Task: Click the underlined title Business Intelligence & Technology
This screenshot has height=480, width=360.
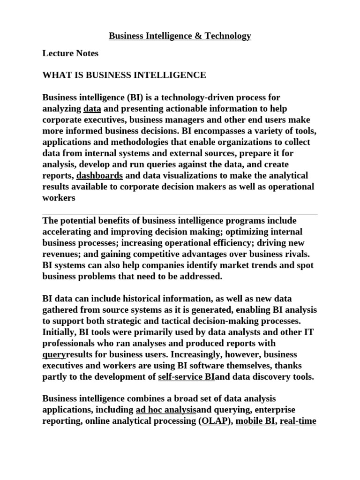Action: click(180, 36)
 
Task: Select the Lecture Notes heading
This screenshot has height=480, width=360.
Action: click(70, 53)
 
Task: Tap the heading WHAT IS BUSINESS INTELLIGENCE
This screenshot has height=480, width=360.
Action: click(124, 75)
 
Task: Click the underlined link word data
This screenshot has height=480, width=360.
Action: click(92, 108)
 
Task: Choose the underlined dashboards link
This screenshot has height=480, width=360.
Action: click(99, 176)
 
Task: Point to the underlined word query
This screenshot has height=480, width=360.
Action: click(54, 355)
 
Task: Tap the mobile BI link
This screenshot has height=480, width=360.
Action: click(255, 421)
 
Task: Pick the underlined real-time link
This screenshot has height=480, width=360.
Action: click(298, 421)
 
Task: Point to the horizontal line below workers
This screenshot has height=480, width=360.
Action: click(180, 214)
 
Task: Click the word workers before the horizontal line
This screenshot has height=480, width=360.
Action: click(59, 198)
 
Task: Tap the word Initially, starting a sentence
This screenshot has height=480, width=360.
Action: click(59, 332)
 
